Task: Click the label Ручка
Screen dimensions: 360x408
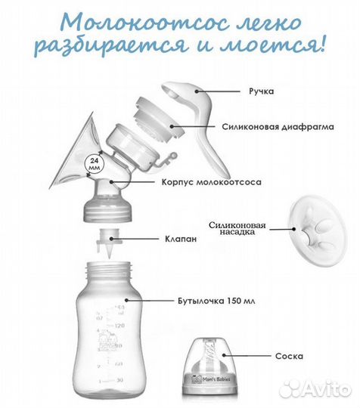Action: [x=261, y=91]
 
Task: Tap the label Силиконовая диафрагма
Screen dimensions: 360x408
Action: [x=278, y=127]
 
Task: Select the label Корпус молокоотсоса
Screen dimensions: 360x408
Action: [x=212, y=182]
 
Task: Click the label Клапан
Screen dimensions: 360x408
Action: [x=181, y=239]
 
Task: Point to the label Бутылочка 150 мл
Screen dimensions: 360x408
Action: [x=216, y=301]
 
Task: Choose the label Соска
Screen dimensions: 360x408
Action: [x=289, y=356]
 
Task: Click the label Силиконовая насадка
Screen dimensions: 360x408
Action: [x=237, y=228]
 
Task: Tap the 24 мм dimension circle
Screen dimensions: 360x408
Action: [x=95, y=164]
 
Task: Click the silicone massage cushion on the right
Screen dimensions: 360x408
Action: [x=318, y=230]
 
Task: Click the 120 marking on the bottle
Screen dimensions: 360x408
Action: [x=119, y=326]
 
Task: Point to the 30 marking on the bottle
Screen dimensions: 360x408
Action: [x=119, y=380]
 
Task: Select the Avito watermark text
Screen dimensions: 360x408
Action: [x=327, y=390]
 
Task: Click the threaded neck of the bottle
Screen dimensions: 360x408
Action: [x=109, y=271]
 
